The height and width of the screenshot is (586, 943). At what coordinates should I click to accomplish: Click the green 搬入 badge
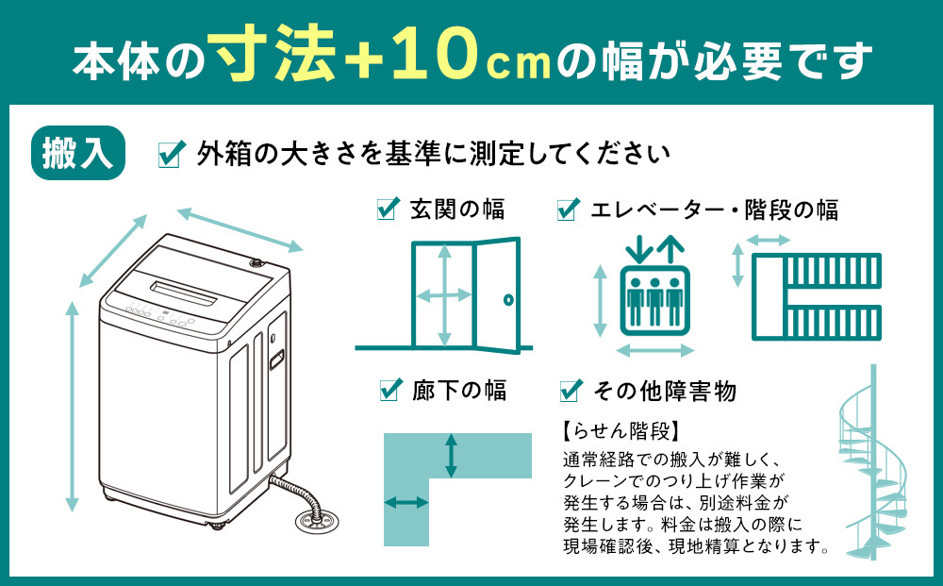(x=79, y=153)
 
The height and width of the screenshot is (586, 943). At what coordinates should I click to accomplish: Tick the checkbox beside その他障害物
(x=570, y=389)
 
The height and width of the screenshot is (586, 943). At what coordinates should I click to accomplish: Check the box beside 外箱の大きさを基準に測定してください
(x=170, y=154)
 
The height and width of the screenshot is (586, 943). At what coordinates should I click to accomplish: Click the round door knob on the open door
(x=507, y=300)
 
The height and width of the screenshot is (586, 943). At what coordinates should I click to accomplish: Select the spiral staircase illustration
(x=873, y=472)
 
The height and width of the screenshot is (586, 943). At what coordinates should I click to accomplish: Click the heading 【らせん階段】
(x=620, y=432)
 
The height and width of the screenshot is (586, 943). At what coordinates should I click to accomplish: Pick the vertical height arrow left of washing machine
(x=73, y=406)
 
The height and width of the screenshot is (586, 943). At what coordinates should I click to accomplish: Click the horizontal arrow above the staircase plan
(x=769, y=241)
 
